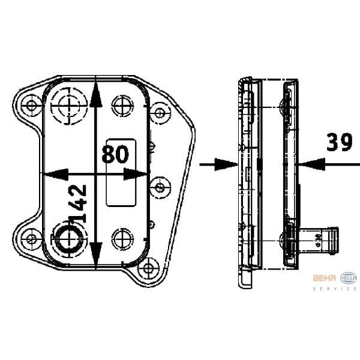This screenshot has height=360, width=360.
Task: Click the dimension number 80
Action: (115, 154)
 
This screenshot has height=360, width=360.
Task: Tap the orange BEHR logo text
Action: (325, 278)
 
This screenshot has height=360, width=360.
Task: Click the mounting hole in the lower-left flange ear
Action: (29, 239)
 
